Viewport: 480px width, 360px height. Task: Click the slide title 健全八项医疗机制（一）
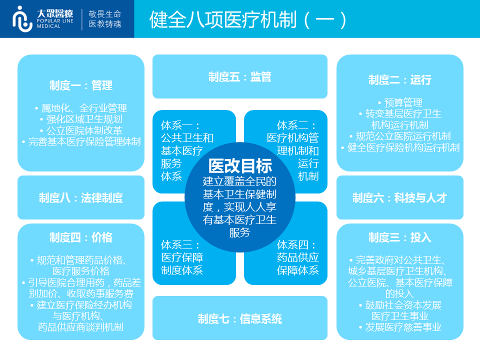(x=248, y=20)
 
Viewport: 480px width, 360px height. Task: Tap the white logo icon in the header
(x=22, y=19)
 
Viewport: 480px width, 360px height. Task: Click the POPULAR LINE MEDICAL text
(x=55, y=23)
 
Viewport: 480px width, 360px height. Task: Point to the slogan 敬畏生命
(x=105, y=14)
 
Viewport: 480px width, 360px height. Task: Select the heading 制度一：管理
(x=81, y=85)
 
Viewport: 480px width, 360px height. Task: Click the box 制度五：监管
(x=240, y=76)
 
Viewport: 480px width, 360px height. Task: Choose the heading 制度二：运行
(x=400, y=80)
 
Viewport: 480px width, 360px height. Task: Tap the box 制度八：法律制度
(x=81, y=197)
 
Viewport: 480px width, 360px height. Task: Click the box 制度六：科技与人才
(x=400, y=197)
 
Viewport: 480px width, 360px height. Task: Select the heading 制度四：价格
(x=81, y=237)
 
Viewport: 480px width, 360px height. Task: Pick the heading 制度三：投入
(x=400, y=237)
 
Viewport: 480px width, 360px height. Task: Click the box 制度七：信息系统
(x=240, y=318)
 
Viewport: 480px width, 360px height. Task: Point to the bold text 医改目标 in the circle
(x=240, y=166)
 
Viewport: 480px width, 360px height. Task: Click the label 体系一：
(x=180, y=125)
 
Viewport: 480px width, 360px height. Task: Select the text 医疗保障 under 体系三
(x=182, y=257)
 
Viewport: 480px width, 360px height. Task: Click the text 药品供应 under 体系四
(x=298, y=257)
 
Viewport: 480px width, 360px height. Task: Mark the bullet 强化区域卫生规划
(x=81, y=119)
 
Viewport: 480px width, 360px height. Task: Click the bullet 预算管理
(x=400, y=102)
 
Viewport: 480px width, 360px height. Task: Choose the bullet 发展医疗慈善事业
(x=400, y=327)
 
